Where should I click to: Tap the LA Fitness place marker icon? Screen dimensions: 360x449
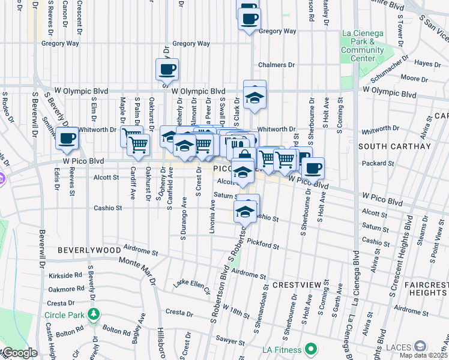pyautogui.click(x=310, y=349)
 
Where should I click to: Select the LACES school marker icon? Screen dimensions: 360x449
pyautogui.click(x=421, y=346)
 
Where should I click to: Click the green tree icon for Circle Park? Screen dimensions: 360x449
pyautogui.click(x=94, y=314)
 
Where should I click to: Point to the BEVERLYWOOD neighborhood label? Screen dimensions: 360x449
pyautogui.click(x=89, y=249)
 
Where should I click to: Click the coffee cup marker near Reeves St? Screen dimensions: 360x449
pyautogui.click(x=66, y=139)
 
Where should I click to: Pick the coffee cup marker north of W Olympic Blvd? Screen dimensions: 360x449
pyautogui.click(x=167, y=68)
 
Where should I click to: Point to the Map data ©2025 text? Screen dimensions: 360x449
pyautogui.click(x=423, y=355)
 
